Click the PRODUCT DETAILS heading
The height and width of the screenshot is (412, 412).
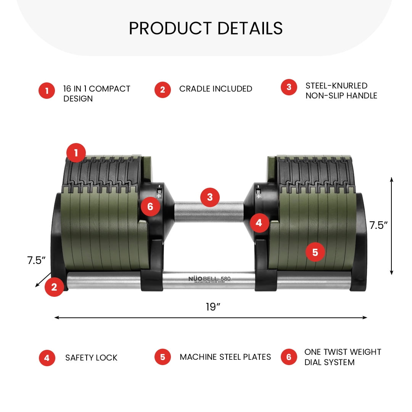coord(206,28)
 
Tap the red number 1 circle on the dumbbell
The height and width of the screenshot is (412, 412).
coord(76,153)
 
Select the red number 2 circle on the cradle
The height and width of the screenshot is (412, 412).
coord(54,287)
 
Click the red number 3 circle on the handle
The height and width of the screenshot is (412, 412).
coord(210,197)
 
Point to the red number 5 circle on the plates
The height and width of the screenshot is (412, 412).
coord(315,252)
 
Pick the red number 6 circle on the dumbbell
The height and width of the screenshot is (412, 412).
coord(150,206)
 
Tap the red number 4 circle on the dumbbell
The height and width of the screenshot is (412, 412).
coord(259,223)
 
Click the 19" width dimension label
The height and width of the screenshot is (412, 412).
coord(213,307)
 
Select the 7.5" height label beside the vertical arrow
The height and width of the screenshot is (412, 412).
coord(378,225)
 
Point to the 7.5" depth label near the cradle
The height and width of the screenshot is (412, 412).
coord(36,260)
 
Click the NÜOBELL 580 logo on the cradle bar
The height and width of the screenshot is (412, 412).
coord(209,279)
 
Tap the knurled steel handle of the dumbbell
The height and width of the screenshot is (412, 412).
coord(209,212)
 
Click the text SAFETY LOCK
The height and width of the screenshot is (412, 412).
coord(91,357)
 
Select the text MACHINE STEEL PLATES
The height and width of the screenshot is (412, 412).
coord(225,357)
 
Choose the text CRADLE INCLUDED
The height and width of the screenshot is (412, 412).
coord(216,89)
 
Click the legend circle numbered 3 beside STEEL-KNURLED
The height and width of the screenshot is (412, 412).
coord(289,87)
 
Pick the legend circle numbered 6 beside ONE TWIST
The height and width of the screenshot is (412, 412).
coord(289,357)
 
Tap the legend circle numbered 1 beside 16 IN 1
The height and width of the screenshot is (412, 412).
coord(47,91)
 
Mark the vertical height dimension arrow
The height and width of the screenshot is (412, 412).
coord(391,226)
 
